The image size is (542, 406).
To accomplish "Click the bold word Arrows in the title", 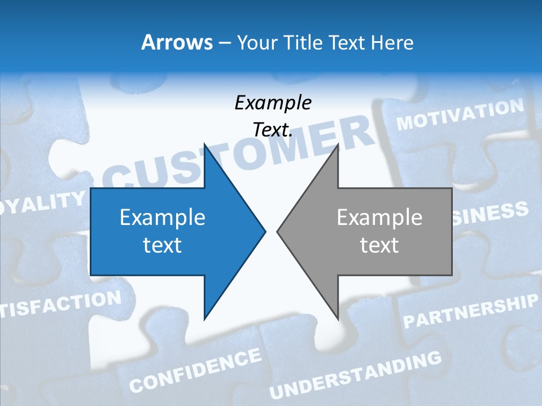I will tap(177, 42).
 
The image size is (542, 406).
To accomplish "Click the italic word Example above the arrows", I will tap(273, 103).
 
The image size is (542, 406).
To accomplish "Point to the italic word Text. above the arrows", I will tap(273, 130).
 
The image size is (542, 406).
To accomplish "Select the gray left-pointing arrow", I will tap(373, 231).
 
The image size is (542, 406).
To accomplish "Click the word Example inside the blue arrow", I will tap(163, 218).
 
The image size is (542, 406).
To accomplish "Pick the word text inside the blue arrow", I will tap(163, 245).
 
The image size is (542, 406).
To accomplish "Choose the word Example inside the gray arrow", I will tap(379, 218).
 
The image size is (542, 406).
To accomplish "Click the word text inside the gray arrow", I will tap(379, 245).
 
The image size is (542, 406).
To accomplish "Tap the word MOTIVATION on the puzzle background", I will tap(460, 114).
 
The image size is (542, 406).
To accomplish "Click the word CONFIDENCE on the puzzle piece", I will tap(195, 370).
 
